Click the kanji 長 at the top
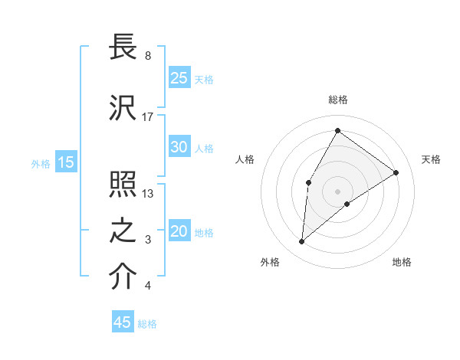click(x=123, y=47)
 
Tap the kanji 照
click(x=123, y=185)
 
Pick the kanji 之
click(x=123, y=231)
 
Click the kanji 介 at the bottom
click(x=123, y=277)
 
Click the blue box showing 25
click(x=179, y=78)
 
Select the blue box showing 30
click(x=179, y=147)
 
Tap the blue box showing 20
click(x=179, y=232)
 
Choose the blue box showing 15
click(x=66, y=162)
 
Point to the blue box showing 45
click(x=123, y=322)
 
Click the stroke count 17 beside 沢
click(x=148, y=117)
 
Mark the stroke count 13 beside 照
click(x=148, y=194)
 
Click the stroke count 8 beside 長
click(x=148, y=56)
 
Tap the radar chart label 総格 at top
click(x=337, y=100)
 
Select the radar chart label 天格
click(x=431, y=159)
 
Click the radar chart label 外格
click(x=270, y=262)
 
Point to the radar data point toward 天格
click(x=396, y=172)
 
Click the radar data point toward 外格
click(x=302, y=242)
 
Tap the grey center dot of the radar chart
click(x=337, y=191)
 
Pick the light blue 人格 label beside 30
click(x=204, y=148)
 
